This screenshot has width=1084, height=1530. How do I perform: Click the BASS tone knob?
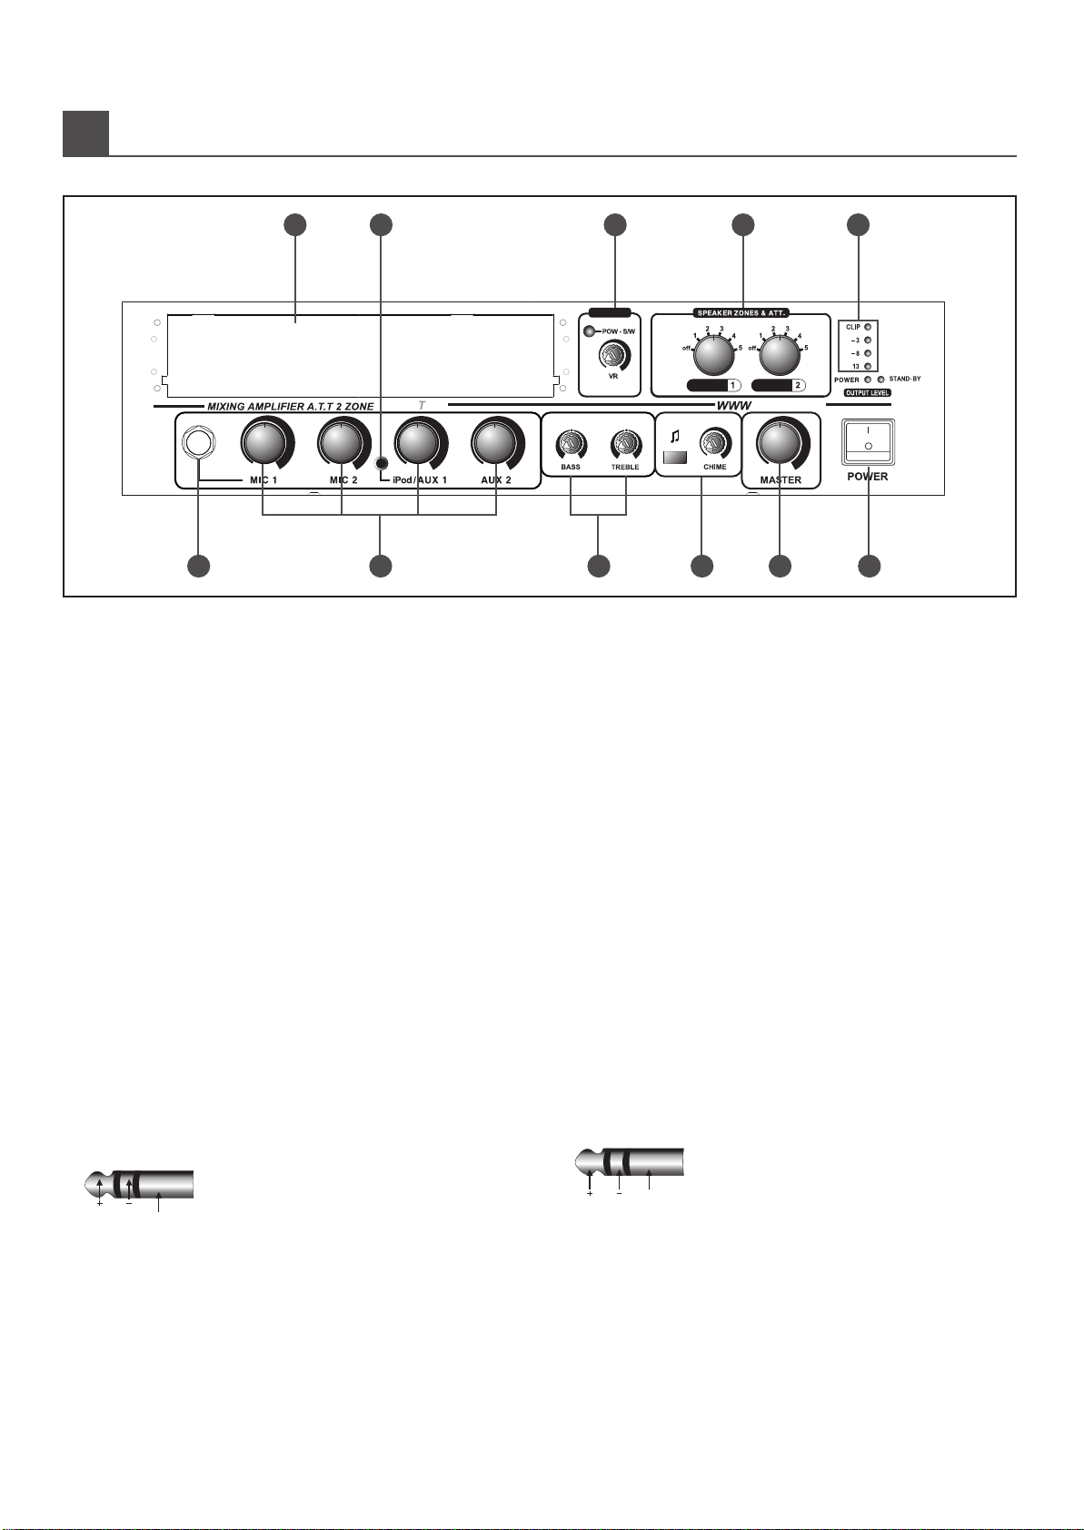pos(570,445)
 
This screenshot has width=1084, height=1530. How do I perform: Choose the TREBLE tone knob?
pos(624,445)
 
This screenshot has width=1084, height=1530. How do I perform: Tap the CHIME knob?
pos(713,445)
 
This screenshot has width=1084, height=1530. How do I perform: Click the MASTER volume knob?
pos(780,442)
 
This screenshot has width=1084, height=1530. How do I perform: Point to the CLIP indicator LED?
pos(869,327)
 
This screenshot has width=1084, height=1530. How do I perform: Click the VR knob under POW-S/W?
pos(613,354)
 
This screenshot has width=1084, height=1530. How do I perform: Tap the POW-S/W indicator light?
pos(591,331)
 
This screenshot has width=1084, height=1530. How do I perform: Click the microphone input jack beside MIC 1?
pos(195,442)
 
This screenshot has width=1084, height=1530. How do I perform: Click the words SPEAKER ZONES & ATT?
pos(742,313)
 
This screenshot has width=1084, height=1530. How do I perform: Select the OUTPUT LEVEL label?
pos(858,393)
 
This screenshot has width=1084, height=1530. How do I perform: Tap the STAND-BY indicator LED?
pos(880,380)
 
